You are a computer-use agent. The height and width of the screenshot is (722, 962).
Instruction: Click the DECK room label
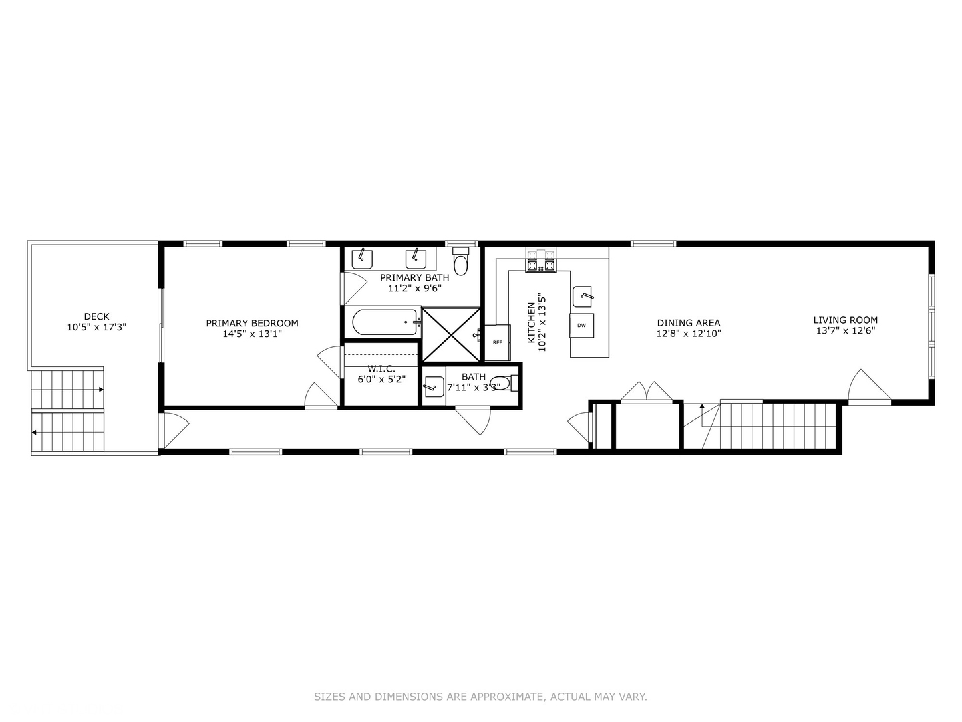(x=96, y=316)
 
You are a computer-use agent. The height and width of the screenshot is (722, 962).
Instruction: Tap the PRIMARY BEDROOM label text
(x=252, y=323)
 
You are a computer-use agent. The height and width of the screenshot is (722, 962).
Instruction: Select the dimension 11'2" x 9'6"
(x=414, y=289)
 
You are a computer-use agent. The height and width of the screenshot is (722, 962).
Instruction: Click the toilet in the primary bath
(x=461, y=262)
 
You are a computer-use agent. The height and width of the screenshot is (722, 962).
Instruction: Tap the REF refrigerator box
(x=497, y=342)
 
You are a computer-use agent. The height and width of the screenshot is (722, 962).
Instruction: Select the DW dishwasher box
(x=581, y=325)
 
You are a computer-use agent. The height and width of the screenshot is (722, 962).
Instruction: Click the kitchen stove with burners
(x=540, y=261)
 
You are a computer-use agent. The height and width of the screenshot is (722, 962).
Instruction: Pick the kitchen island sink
(x=583, y=295)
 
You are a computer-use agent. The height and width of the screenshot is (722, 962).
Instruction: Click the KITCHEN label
(x=531, y=323)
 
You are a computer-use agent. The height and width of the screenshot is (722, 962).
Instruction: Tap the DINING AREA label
(x=688, y=323)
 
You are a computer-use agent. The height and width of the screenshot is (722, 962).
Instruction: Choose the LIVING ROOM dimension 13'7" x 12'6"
(x=845, y=330)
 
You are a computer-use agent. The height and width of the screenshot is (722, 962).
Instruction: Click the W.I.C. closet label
(x=381, y=369)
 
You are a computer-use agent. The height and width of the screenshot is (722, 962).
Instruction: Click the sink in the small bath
(x=434, y=386)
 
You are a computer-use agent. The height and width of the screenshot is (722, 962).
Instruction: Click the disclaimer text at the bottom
(x=480, y=697)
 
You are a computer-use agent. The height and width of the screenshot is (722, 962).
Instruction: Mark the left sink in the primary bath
(x=362, y=257)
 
